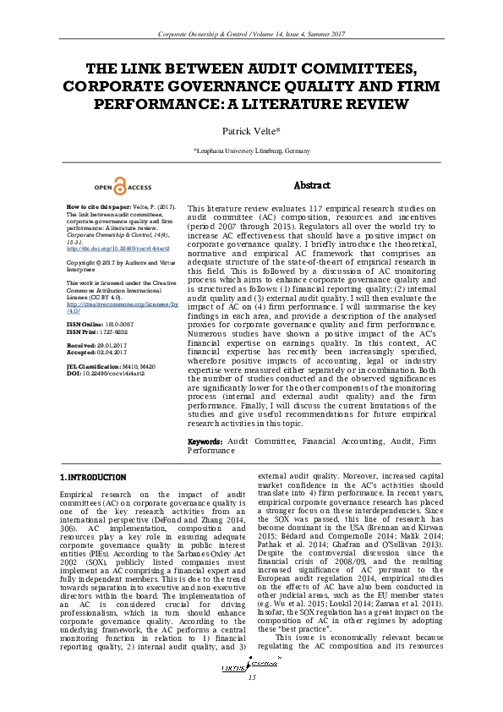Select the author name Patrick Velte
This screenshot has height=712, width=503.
251,131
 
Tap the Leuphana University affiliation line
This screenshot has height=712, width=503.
251,151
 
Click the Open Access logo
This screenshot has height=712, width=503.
123,187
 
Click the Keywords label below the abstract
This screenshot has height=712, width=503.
205,441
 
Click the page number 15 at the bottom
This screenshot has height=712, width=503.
251,700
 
